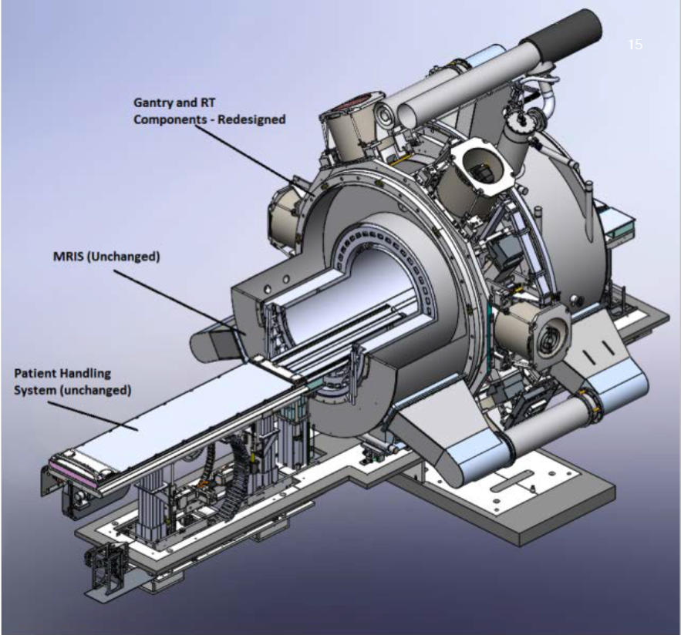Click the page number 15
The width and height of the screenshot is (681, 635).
[x=635, y=44]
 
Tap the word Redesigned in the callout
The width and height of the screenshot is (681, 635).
[x=251, y=119]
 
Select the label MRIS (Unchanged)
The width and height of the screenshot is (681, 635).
[x=106, y=257]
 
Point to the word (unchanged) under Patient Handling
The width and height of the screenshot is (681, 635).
[x=96, y=390]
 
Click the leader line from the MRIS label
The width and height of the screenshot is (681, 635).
[x=180, y=301]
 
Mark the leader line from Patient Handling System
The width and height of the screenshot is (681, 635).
[x=93, y=416]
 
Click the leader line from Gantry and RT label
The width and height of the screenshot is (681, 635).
[x=253, y=157]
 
